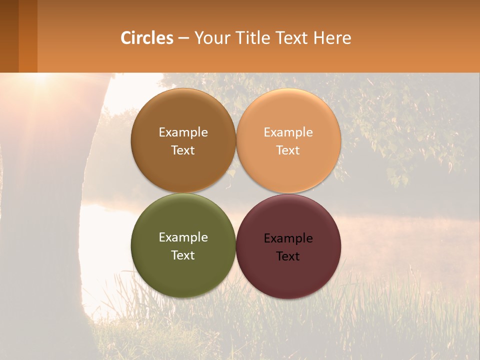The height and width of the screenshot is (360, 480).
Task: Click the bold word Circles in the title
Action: pos(147,38)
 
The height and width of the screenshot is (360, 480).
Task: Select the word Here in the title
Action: pos(332,38)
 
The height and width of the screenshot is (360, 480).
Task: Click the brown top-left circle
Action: pos(183,115)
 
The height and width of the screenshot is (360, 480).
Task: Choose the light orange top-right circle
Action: pos(288,115)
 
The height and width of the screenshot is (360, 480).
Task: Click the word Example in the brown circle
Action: pos(183,132)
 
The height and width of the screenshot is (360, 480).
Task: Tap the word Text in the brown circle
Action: pos(183,150)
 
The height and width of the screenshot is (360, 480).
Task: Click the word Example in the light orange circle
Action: pos(288,132)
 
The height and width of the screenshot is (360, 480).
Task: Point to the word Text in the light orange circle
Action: pos(288,150)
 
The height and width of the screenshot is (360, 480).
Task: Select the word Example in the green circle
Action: pos(183,237)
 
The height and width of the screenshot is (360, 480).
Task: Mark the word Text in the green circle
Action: pos(183,255)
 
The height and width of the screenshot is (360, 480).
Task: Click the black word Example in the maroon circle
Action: pos(288,238)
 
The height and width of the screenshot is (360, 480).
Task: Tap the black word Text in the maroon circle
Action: pos(288,256)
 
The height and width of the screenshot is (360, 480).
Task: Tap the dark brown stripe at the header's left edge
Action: pos(9,36)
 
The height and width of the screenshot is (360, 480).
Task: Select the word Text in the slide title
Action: pos(292,38)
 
